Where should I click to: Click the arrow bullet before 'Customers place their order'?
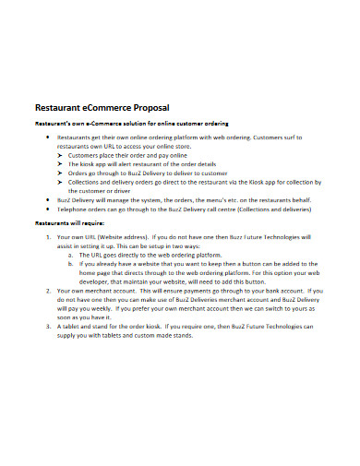[61, 155]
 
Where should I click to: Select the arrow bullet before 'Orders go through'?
[61, 173]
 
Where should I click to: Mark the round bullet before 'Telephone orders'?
[49, 209]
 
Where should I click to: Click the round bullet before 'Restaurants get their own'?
[49, 137]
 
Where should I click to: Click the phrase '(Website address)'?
[119, 236]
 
